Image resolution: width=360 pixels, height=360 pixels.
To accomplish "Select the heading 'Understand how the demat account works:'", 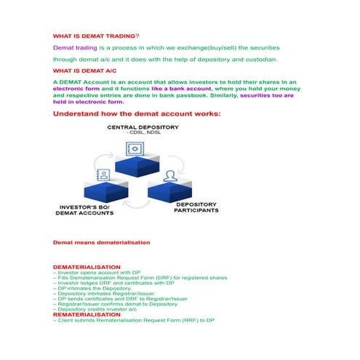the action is [137, 113].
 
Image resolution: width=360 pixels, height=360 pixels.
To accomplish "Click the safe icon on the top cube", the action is [135, 148].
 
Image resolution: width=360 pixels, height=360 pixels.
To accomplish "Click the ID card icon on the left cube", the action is [103, 175].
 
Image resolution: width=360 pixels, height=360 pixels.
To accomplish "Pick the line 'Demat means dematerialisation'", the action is [102, 241].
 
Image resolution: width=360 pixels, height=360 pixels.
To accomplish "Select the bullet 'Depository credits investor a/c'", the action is [97, 309].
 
